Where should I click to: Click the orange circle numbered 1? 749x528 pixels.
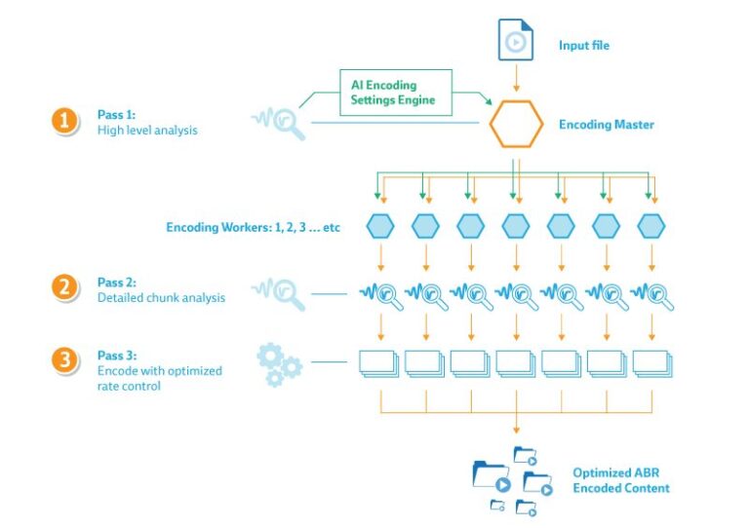(64, 121)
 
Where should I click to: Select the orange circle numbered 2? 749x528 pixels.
(64, 288)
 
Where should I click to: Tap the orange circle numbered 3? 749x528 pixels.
(64, 360)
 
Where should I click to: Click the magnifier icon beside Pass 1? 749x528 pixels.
(280, 123)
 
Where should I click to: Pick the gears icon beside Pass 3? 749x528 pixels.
(279, 362)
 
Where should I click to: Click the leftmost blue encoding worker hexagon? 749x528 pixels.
(380, 227)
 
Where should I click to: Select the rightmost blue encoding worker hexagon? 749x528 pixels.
(650, 227)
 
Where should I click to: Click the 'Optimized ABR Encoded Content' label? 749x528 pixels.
(621, 480)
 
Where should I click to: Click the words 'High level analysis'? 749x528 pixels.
(147, 130)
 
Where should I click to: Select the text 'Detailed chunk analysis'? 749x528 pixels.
(161, 297)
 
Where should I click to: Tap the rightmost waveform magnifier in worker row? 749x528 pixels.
(651, 293)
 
